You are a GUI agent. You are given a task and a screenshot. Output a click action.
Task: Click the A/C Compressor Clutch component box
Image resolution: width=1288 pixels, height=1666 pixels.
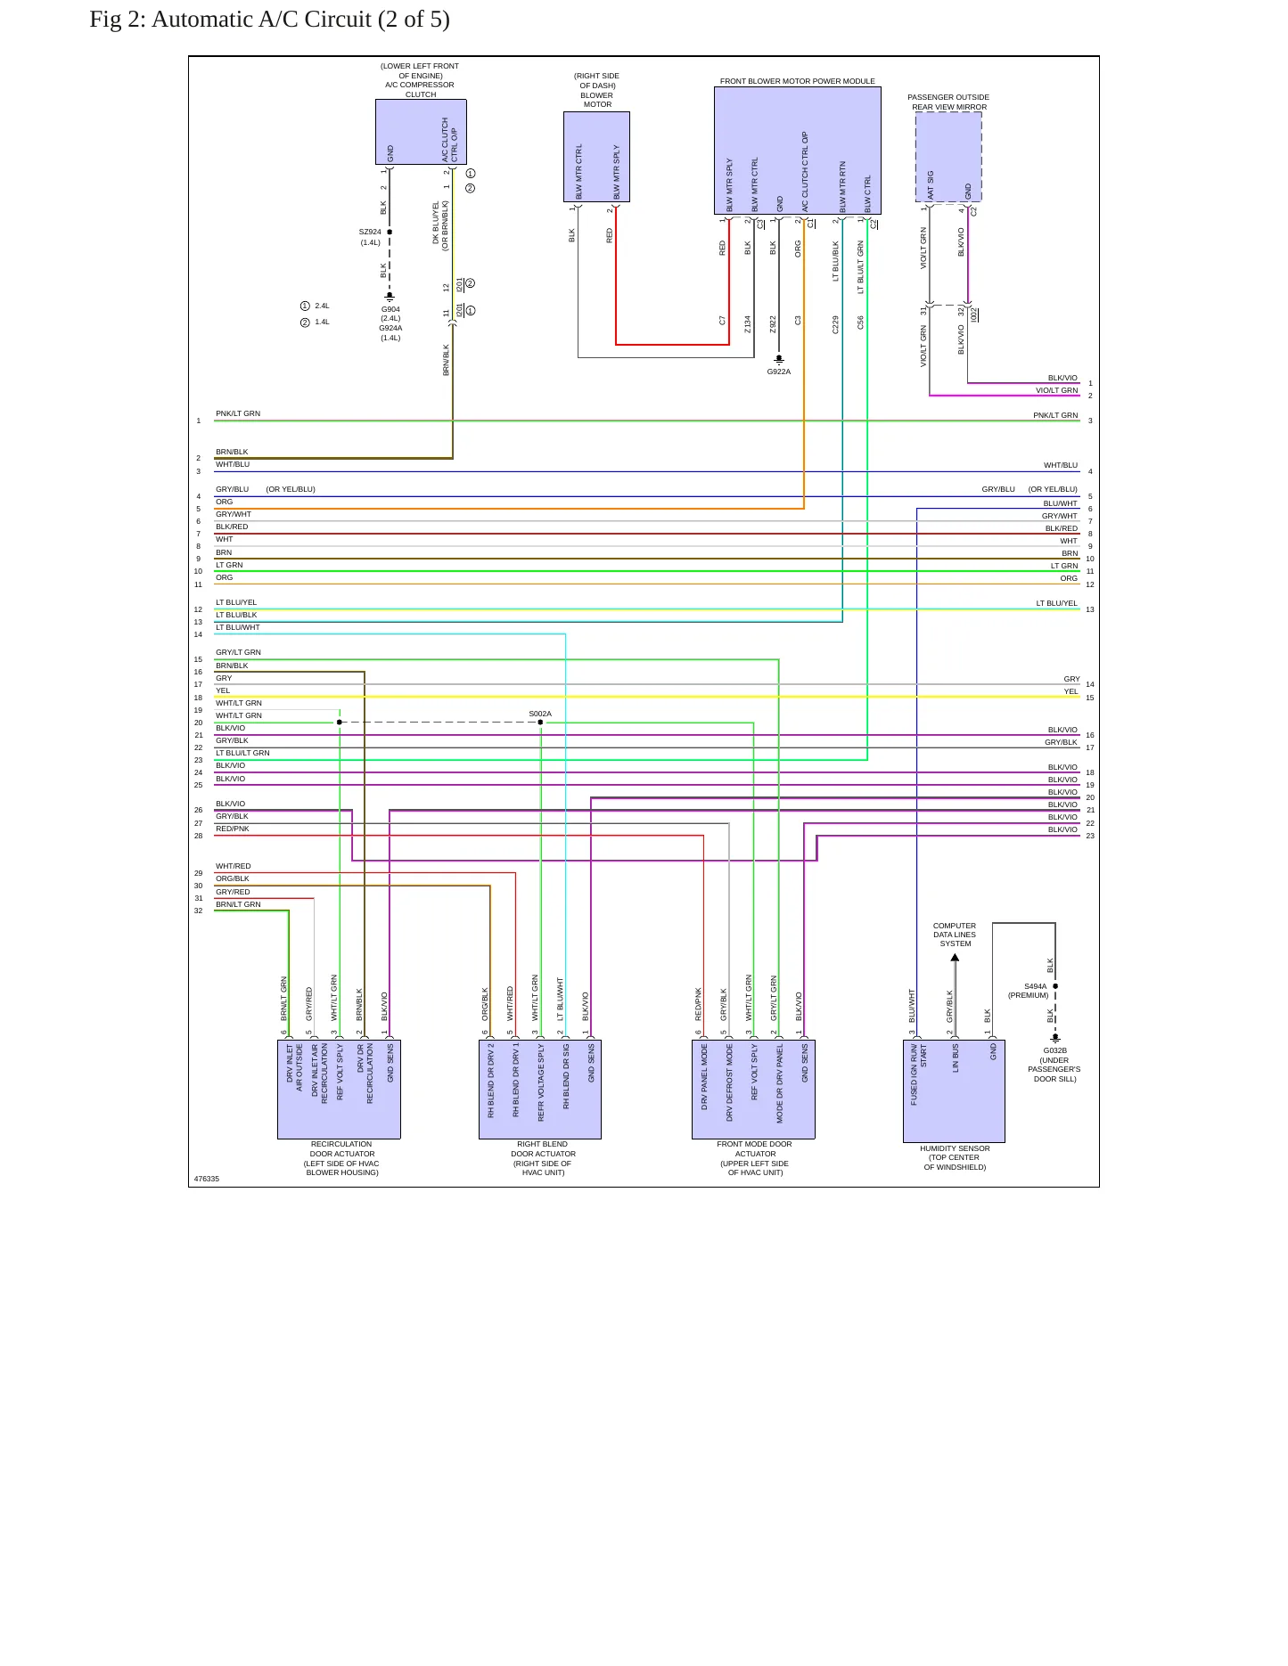pos(421,132)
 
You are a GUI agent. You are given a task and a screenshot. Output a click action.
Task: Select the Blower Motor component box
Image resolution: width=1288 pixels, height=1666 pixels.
pos(596,157)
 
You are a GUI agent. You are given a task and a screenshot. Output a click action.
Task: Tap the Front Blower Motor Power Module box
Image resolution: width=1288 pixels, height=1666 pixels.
pos(798,151)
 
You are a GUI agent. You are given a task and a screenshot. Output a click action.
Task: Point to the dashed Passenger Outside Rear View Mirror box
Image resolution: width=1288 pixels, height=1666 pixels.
pos(948,158)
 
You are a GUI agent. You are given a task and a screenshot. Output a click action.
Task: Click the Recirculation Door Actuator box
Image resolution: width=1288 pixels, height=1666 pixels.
pos(339,1089)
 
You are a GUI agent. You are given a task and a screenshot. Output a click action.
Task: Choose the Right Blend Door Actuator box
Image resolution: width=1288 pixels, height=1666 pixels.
pos(540,1089)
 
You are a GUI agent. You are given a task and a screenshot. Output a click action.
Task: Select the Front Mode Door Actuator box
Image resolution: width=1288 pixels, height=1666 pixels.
pos(753,1089)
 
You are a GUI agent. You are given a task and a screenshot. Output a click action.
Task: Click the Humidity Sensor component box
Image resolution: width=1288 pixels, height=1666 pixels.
pos(954,1090)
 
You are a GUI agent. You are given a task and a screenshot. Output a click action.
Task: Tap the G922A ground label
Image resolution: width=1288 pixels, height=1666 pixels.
pos(779,372)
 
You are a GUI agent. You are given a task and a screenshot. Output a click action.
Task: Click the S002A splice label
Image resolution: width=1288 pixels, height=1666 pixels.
pos(540,714)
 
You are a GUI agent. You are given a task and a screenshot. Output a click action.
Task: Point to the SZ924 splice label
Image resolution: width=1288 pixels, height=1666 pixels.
pos(370,232)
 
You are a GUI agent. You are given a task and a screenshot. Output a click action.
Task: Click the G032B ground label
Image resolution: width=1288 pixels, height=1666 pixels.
pos(1055,1050)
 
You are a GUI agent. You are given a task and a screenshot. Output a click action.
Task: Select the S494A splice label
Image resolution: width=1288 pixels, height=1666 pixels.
pos(1035,986)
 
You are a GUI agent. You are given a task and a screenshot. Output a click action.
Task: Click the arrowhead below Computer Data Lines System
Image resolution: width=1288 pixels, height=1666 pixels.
pos(955,959)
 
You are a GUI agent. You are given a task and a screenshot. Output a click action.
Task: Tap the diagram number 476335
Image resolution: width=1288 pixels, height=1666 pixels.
pos(207,1179)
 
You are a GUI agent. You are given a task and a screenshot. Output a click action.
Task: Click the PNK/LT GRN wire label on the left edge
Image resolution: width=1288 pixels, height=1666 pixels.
pos(238,413)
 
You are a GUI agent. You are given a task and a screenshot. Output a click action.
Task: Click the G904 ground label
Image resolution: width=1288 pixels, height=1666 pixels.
pos(390,309)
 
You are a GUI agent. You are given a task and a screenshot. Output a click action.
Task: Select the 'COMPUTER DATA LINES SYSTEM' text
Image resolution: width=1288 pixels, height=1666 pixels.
pos(955,935)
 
